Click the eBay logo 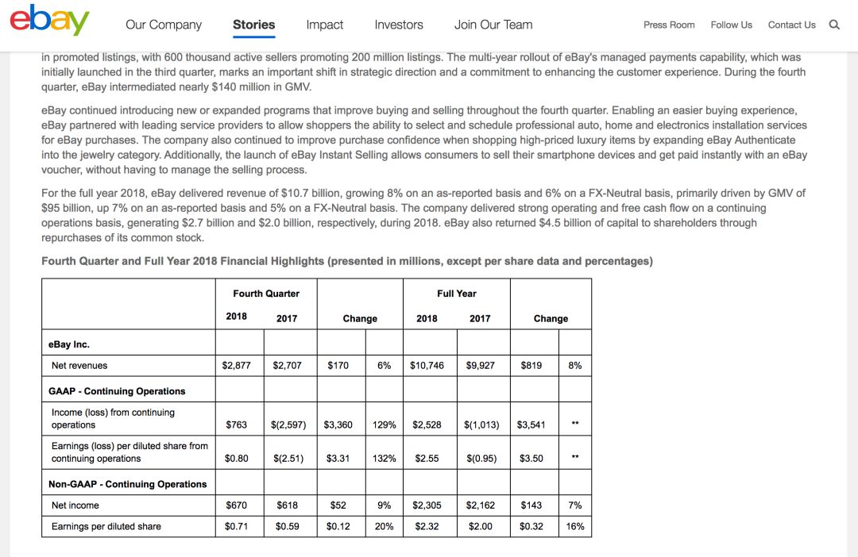(x=49, y=21)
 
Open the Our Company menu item (x=164, y=25)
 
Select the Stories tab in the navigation (x=253, y=25)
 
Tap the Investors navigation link (x=399, y=25)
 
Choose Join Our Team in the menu (x=493, y=25)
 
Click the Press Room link (x=669, y=25)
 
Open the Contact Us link (x=791, y=25)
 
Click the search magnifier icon (x=834, y=25)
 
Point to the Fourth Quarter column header (x=266, y=294)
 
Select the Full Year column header (x=457, y=294)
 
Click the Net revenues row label (x=79, y=366)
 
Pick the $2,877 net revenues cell (x=237, y=366)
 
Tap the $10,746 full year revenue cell (x=427, y=366)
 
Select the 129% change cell (x=385, y=425)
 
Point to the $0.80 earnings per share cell (x=237, y=459)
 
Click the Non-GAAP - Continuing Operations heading (x=127, y=484)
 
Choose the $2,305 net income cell (x=427, y=505)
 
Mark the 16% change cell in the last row (x=575, y=526)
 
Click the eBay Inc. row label (x=69, y=344)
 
